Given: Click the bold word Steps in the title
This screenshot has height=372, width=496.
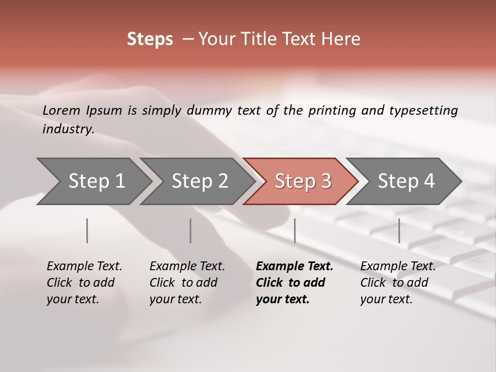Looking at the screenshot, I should click(150, 39).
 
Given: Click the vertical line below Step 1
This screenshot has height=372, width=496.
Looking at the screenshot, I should click(87, 230).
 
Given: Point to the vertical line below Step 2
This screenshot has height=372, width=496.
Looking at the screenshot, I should click(191, 230).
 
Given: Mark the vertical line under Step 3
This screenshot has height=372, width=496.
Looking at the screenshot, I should click(295, 230).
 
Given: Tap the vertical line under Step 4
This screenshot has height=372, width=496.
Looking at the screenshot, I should click(399, 230).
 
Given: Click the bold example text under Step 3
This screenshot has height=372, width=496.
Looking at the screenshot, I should click(294, 283).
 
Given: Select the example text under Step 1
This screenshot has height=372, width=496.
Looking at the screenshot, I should click(84, 283).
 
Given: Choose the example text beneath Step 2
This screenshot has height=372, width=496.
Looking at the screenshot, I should click(187, 283).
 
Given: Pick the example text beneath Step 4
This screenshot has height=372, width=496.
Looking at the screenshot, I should click(398, 283).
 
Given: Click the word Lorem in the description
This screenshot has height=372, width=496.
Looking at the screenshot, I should click(61, 110).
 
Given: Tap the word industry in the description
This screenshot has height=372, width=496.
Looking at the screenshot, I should click(68, 129).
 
